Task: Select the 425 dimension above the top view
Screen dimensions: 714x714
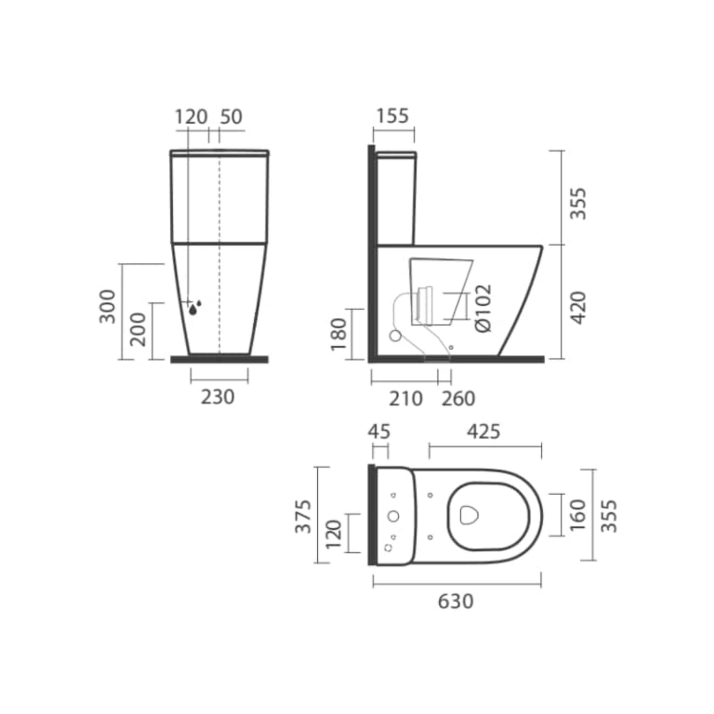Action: point(484,432)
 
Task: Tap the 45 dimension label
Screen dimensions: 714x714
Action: point(378,432)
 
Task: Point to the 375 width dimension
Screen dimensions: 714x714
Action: point(303,516)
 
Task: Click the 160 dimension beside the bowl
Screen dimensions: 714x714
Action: point(577,515)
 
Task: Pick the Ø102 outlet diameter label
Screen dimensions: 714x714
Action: point(484,309)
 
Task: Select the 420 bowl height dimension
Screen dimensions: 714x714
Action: point(579,308)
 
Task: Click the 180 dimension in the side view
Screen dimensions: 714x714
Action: point(338,335)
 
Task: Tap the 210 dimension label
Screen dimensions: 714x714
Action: point(405,399)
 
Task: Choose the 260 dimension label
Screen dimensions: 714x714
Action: point(458,399)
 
